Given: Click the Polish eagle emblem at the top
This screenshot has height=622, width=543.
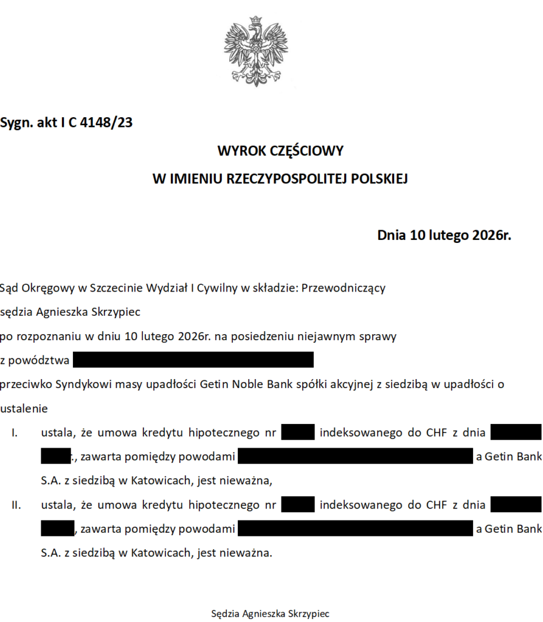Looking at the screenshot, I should (x=257, y=52).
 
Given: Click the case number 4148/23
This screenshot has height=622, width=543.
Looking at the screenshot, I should (x=106, y=123).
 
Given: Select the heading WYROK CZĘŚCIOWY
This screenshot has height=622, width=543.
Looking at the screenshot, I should (x=280, y=150).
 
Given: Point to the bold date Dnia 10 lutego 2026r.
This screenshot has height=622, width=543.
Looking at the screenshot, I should (x=444, y=235).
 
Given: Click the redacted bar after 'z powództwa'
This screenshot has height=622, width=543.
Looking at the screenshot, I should (x=193, y=360).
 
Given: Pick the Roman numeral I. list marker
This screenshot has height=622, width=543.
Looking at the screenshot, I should (x=15, y=433).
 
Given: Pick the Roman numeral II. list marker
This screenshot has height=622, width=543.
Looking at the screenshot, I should (x=16, y=505).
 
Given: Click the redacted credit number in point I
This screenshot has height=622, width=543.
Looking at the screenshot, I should (x=298, y=433).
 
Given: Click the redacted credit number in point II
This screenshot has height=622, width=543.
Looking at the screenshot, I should (x=298, y=505).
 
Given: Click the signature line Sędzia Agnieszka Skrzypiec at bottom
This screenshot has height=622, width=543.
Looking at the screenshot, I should (x=270, y=613).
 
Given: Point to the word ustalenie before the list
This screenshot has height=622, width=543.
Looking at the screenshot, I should (x=24, y=408).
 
